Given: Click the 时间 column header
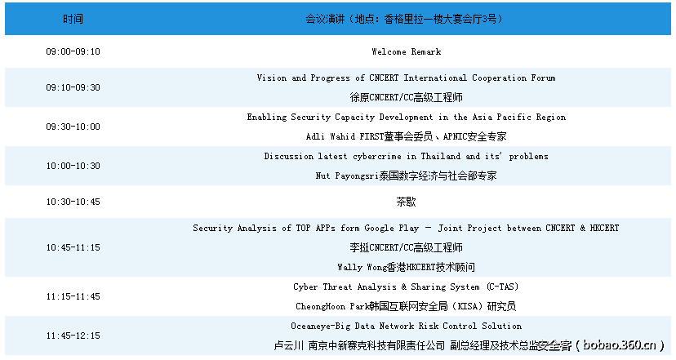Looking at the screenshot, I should pyautogui.click(x=73, y=18).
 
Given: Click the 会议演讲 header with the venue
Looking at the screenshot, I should pyautogui.click(x=406, y=18).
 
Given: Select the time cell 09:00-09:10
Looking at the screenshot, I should pyautogui.click(x=73, y=51).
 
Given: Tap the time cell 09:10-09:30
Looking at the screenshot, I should pyautogui.click(x=73, y=87).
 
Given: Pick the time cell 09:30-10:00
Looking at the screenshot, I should pyautogui.click(x=73, y=127).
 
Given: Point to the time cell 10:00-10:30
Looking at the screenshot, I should pyautogui.click(x=73, y=166).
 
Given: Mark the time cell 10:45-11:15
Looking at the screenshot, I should pyautogui.click(x=73, y=247).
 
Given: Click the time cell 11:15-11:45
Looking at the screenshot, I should pyautogui.click(x=73, y=296).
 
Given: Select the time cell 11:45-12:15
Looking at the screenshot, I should pyautogui.click(x=73, y=336).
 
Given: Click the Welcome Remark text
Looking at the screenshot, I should pyautogui.click(x=406, y=51).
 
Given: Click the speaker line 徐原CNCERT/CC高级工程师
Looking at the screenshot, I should pyautogui.click(x=406, y=97).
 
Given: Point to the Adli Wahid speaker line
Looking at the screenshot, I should pyautogui.click(x=406, y=136).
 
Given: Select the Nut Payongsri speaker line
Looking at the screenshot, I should pyautogui.click(x=406, y=176).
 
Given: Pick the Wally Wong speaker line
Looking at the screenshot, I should pyautogui.click(x=406, y=267).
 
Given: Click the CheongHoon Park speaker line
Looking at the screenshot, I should pyautogui.click(x=406, y=306).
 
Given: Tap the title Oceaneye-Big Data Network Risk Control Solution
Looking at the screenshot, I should pyautogui.click(x=406, y=326).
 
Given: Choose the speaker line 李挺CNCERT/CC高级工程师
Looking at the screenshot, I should pyautogui.click(x=406, y=247).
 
